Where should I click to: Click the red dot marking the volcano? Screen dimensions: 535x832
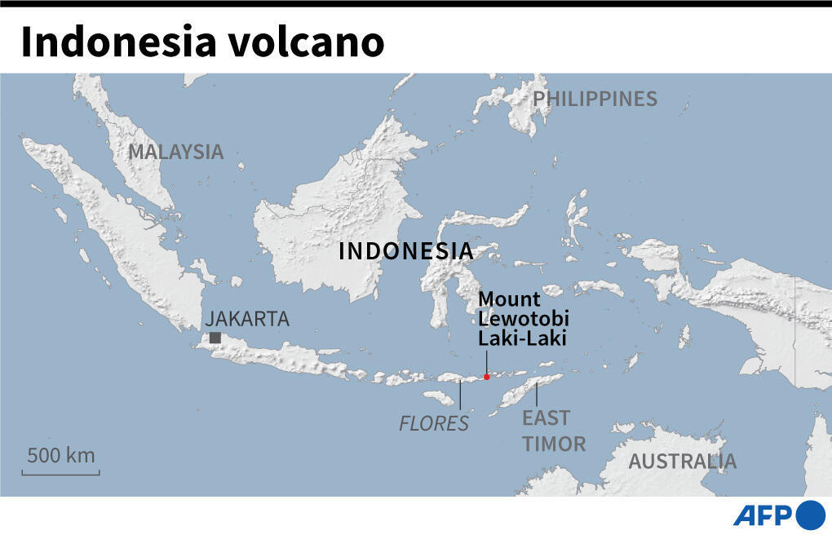tap(486, 377)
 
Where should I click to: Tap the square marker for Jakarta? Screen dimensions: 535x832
tap(215, 338)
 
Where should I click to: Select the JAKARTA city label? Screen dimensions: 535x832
tap(247, 319)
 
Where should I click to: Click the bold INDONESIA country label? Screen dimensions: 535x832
tap(405, 251)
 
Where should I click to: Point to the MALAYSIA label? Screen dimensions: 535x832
tap(175, 152)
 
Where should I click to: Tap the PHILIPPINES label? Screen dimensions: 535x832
tap(595, 99)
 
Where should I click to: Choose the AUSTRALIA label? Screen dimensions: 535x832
tap(682, 462)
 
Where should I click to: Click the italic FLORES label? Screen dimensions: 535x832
tap(434, 423)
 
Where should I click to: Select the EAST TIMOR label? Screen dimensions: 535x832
tap(554, 431)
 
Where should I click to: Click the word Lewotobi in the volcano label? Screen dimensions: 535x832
tap(523, 318)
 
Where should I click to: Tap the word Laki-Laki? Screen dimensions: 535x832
tap(522, 338)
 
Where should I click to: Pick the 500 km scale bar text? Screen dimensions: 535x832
tap(60, 455)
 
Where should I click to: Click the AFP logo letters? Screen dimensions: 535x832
tap(763, 515)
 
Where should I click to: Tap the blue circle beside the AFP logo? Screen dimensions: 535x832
tap(810, 515)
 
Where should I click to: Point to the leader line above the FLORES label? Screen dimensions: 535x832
tap(461, 396)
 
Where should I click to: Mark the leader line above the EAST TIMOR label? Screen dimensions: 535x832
tap(537, 394)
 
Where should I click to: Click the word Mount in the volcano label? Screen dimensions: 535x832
tap(509, 299)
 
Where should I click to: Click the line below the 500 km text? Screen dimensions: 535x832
tap(60, 472)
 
